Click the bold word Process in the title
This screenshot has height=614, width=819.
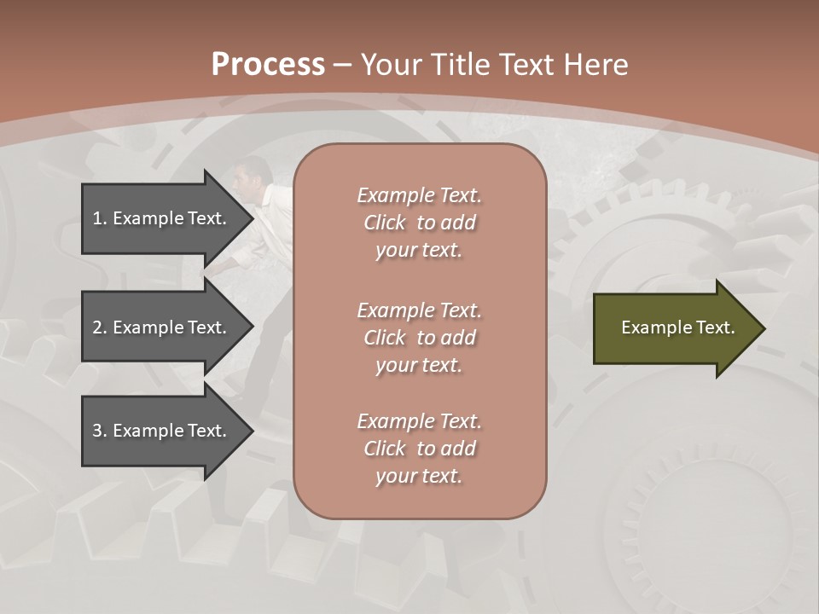[x=268, y=65]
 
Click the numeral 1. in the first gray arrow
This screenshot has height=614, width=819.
[x=100, y=218]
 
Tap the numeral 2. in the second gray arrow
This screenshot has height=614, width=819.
[x=100, y=327]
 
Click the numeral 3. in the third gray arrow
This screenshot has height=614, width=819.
[x=100, y=431]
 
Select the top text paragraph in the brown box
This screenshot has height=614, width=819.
[x=419, y=222]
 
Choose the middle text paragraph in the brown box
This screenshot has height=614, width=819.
[x=419, y=337]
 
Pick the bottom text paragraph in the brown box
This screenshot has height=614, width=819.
[x=419, y=448]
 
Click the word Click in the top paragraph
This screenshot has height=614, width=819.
[x=384, y=223]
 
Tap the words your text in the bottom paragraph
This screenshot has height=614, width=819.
[x=419, y=476]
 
